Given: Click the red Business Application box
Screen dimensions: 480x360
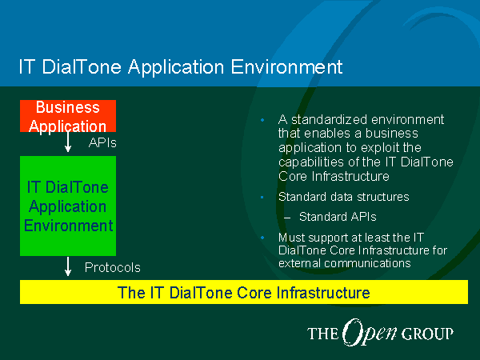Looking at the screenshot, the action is pyautogui.click(x=68, y=116).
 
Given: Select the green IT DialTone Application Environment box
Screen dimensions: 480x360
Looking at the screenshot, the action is pyautogui.click(x=68, y=206).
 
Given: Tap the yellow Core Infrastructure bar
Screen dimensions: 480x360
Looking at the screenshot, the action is pyautogui.click(x=244, y=292).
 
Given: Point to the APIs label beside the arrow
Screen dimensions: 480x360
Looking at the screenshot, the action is pyautogui.click(x=102, y=142).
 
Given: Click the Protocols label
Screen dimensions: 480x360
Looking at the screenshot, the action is pyautogui.click(x=112, y=267).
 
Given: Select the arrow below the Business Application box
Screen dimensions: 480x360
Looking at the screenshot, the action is pyautogui.click(x=68, y=142).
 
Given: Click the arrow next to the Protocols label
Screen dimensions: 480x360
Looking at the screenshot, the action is pyautogui.click(x=68, y=266).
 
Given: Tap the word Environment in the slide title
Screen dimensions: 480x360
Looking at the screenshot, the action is pyautogui.click(x=286, y=66).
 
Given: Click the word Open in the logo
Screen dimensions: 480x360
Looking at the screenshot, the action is pyautogui.click(x=369, y=333).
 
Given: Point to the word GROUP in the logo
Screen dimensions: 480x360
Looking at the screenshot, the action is pyautogui.click(x=427, y=334).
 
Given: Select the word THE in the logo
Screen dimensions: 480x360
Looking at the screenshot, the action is pyautogui.click(x=323, y=334).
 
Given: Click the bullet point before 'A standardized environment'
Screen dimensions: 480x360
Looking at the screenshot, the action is pyautogui.click(x=262, y=120).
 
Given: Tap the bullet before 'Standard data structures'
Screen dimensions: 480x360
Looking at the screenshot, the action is pyautogui.click(x=262, y=197).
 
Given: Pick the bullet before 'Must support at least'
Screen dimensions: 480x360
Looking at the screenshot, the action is pyautogui.click(x=262, y=238).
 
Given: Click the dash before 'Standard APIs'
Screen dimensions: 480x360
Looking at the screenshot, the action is pyautogui.click(x=287, y=218).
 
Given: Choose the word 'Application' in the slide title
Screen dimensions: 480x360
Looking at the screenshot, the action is pyautogui.click(x=176, y=67).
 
